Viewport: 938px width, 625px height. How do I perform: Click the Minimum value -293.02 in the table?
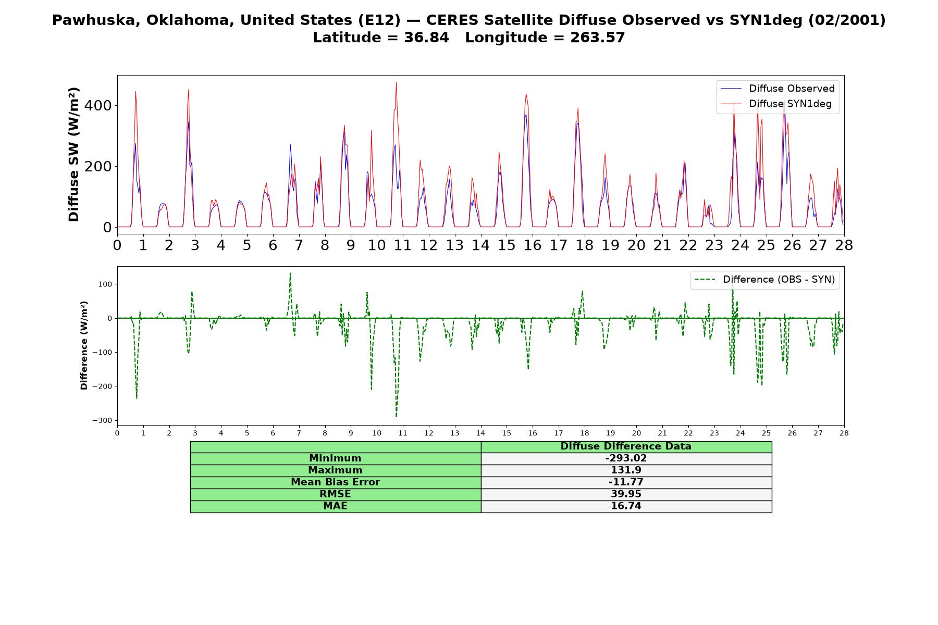click(x=626, y=458)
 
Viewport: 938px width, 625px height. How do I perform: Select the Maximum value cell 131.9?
click(x=626, y=470)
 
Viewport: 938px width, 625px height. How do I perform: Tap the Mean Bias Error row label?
click(x=335, y=482)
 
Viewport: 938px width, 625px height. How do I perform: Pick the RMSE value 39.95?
click(x=626, y=494)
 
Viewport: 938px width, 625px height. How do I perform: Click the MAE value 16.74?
click(x=626, y=506)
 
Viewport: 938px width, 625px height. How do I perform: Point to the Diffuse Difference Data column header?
click(x=626, y=446)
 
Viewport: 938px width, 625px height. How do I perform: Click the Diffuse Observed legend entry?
click(x=777, y=89)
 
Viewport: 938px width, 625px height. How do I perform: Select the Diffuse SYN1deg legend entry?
click(x=776, y=104)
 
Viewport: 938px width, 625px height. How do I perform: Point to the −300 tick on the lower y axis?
click(x=102, y=420)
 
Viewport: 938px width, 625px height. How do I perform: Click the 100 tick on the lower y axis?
click(x=105, y=284)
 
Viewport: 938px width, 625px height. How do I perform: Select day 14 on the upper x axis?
click(x=480, y=245)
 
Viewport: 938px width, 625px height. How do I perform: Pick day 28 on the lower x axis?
click(x=844, y=433)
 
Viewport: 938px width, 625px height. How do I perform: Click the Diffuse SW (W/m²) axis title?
click(x=74, y=155)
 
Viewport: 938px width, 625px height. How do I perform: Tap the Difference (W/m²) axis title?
click(x=84, y=345)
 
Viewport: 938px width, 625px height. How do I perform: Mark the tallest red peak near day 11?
click(x=396, y=82)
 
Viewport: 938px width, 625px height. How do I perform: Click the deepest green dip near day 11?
click(x=396, y=417)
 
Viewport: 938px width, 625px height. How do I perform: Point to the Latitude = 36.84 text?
click(x=381, y=37)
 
